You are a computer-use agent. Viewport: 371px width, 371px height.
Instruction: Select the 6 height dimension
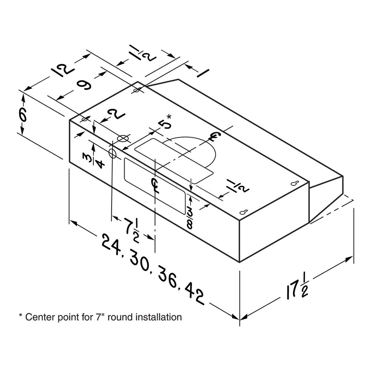pyautogui.click(x=23, y=116)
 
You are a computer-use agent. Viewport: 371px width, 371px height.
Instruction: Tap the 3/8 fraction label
pyautogui.click(x=190, y=217)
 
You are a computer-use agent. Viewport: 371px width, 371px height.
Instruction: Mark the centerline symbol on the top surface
pyautogui.click(x=214, y=137)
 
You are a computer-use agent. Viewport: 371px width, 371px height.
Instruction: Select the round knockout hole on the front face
pyautogui.click(x=112, y=154)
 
